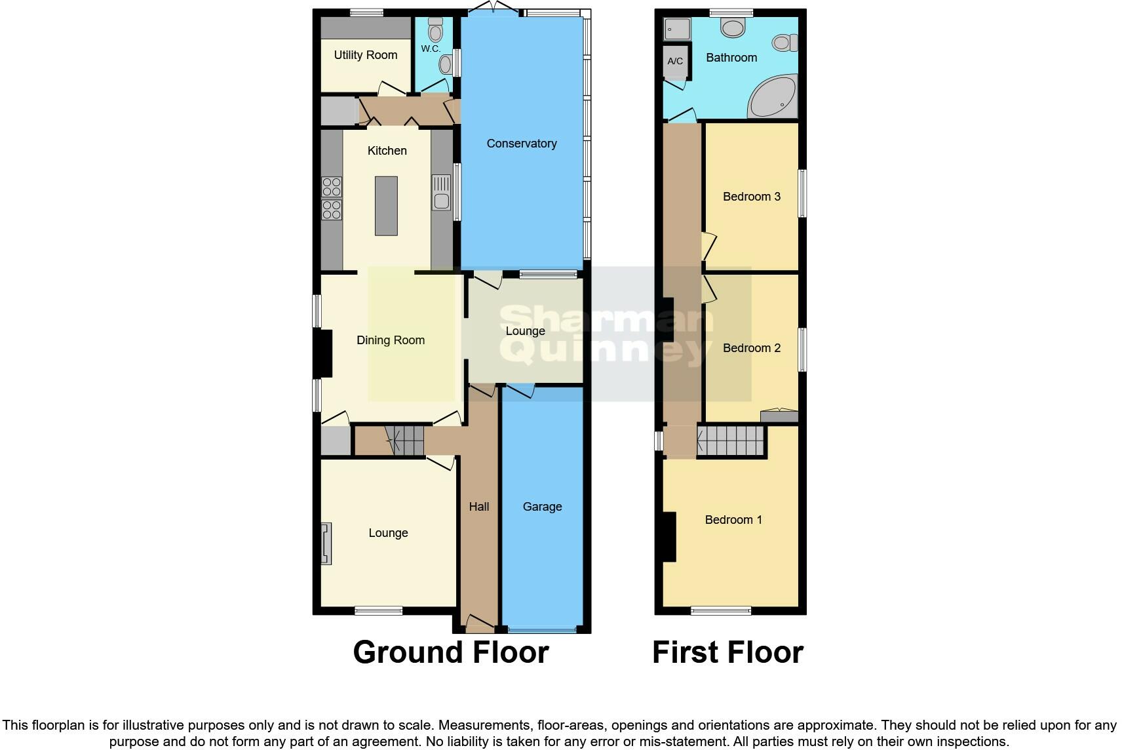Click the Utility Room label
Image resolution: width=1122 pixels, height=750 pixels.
[366, 55]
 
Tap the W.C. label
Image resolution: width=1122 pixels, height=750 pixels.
[430, 49]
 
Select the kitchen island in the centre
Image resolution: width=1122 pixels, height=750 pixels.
[386, 206]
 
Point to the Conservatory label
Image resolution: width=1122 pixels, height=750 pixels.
[521, 144]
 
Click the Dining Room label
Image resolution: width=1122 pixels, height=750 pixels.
[390, 340]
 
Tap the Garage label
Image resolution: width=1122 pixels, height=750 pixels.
[542, 507]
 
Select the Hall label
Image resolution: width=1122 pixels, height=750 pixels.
[479, 507]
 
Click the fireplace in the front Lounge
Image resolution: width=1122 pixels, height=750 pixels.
[326, 543]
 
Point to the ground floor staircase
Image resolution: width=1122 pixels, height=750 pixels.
[404, 440]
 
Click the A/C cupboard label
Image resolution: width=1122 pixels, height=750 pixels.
[675, 62]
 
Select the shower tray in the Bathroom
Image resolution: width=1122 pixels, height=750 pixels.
[677, 29]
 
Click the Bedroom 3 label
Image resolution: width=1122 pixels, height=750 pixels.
[751, 197]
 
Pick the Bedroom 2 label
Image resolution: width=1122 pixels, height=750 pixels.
[751, 348]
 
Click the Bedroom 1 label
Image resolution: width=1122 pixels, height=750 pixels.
[733, 520]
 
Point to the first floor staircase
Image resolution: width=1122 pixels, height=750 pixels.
[731, 441]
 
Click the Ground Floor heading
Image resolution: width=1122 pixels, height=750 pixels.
[450, 652]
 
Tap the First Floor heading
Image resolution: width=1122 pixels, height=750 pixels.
[727, 652]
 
